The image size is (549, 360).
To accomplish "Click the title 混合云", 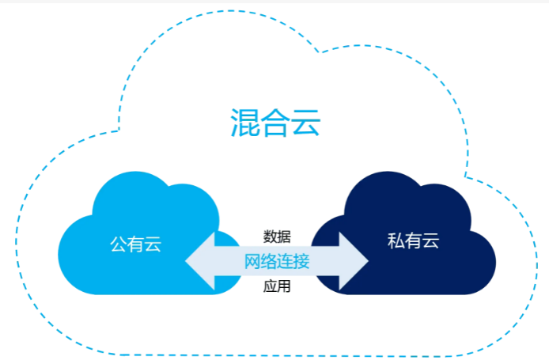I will [x=275, y=123].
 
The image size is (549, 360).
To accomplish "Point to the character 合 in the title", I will [x=275, y=123].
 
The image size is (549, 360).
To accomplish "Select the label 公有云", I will [x=135, y=244].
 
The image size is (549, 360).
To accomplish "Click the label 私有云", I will [x=413, y=241].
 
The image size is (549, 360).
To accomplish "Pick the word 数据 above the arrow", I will [x=277, y=236].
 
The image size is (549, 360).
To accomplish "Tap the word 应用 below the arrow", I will [x=277, y=286].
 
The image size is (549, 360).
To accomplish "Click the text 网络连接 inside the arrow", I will [x=277, y=261].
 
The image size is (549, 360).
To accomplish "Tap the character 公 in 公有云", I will [x=118, y=244].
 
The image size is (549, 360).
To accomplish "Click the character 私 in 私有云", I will [x=396, y=241].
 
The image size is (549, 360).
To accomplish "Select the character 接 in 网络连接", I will [x=301, y=261].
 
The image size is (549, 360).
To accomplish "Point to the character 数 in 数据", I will [x=270, y=236].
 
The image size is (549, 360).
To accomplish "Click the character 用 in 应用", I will [x=284, y=286].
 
